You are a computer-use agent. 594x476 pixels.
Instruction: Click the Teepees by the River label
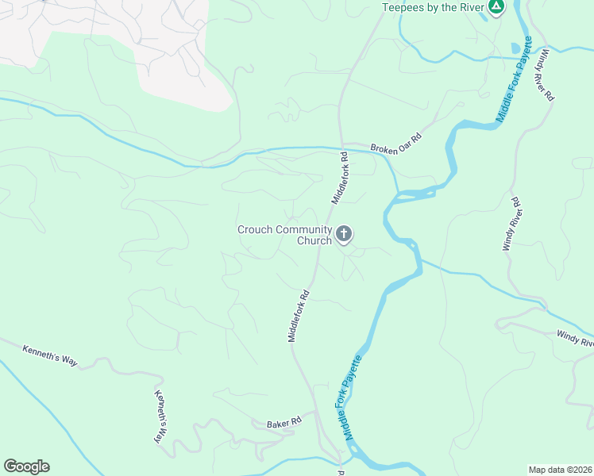[433, 7]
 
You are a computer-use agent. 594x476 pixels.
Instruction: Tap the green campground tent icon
[496, 7]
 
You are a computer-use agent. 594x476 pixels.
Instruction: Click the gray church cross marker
[343, 233]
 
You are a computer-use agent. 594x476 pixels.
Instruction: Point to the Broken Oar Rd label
[396, 143]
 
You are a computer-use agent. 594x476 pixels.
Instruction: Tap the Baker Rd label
[283, 420]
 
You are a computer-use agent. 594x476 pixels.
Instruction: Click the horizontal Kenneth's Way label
[49, 355]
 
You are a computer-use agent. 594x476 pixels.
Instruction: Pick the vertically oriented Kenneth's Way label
[162, 416]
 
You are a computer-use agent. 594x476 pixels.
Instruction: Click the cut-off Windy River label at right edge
[575, 339]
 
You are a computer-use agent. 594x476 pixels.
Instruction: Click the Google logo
[26, 466]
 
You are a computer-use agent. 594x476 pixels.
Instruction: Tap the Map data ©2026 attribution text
[560, 469]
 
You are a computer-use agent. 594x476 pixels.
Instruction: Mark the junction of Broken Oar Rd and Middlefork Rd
[341, 144]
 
